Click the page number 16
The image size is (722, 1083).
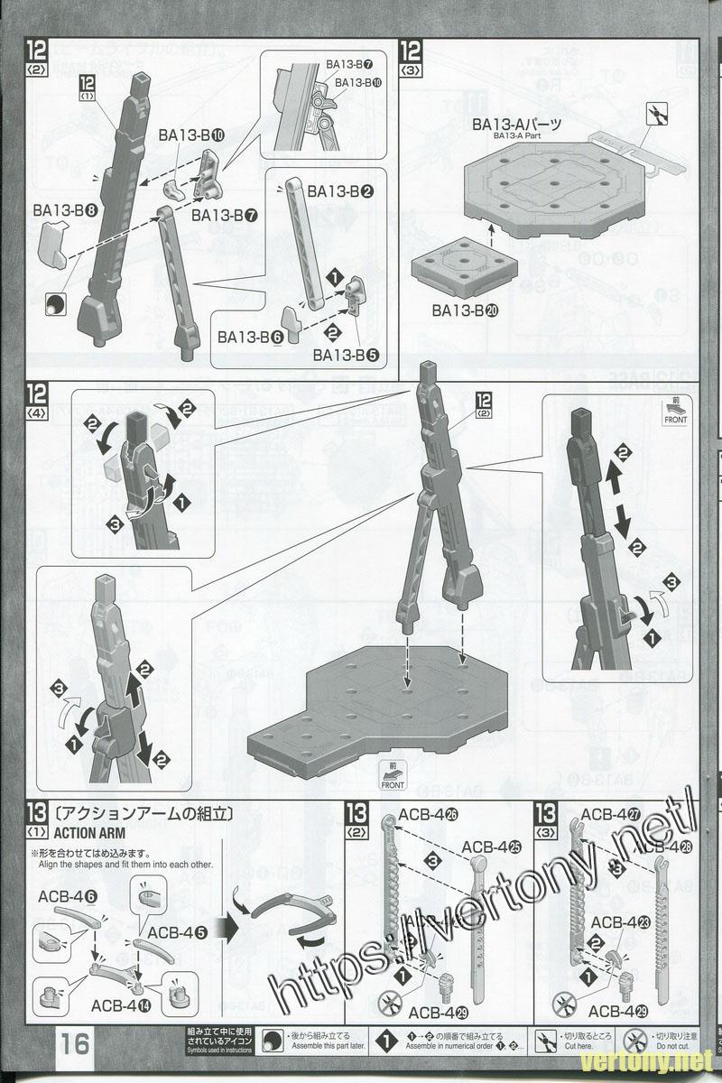click(76, 1045)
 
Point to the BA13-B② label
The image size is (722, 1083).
click(340, 192)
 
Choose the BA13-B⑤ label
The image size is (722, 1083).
click(346, 355)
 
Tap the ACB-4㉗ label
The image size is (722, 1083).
click(610, 814)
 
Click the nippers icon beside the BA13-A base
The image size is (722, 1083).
click(654, 115)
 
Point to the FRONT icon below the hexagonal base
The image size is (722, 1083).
click(393, 779)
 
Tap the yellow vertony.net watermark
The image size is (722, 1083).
click(667, 1059)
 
